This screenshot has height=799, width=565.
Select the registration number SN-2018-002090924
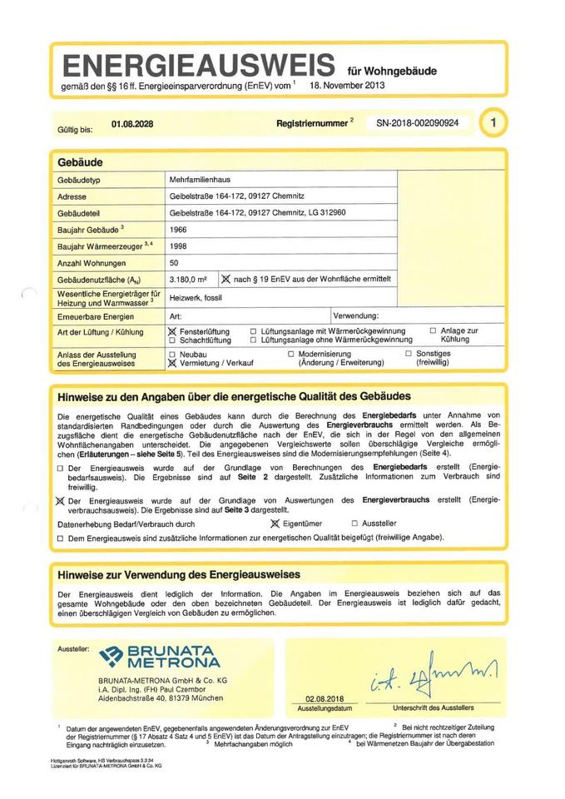coord(423,123)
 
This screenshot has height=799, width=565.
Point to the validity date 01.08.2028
coord(131,124)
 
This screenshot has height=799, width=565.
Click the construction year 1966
coord(178,230)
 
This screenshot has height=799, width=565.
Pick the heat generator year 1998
coord(178,246)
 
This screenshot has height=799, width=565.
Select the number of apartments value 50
coord(174,263)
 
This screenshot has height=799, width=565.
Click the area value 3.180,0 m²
coord(187,280)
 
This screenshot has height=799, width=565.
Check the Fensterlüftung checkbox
coord(172,331)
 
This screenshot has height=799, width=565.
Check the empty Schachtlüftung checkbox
coord(172,340)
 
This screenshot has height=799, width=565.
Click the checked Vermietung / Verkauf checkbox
coord(172,364)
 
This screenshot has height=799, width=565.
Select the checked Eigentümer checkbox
coord(276,524)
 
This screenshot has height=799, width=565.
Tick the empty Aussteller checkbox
coord(354,524)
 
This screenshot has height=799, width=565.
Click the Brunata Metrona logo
coord(158,657)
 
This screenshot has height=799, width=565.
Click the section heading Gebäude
coord(80,161)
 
